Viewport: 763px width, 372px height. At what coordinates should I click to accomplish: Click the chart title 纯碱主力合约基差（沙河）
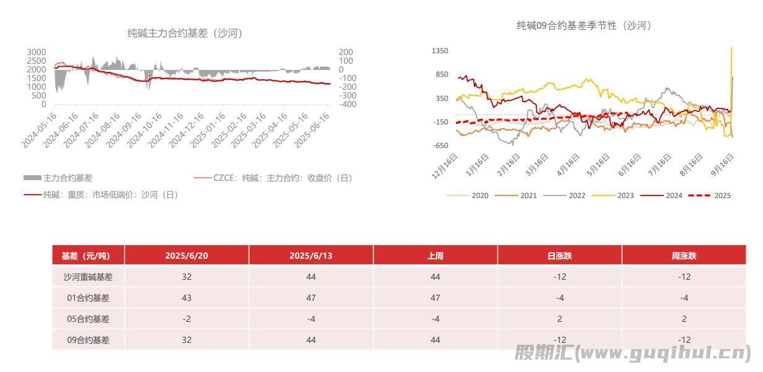coord(185,33)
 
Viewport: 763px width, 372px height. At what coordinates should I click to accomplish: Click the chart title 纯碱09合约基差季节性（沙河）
coord(584,25)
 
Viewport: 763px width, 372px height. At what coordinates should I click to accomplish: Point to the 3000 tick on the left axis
coord(37,52)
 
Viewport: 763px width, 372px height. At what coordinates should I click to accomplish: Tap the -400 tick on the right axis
coord(346,105)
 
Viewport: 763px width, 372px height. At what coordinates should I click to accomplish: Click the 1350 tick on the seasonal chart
coord(440,51)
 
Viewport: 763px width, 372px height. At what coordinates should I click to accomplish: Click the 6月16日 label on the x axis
coord(629,167)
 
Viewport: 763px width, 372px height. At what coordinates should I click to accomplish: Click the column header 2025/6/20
coord(186,256)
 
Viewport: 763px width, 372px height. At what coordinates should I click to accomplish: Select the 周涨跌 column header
coord(684,256)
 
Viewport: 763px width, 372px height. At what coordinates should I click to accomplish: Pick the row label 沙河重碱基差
coord(88,277)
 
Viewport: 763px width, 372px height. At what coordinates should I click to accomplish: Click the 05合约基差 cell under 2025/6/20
coord(186,319)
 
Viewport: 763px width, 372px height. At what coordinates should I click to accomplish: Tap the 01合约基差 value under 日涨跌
coord(559,298)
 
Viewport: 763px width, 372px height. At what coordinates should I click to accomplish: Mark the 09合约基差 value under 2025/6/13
coord(311,340)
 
